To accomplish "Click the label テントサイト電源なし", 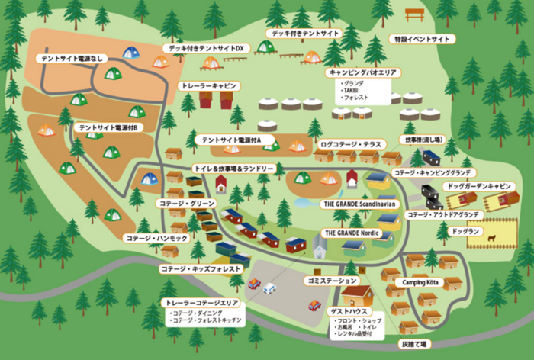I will (75, 58).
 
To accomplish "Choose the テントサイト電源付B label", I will (107, 127).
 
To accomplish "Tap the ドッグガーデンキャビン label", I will (479, 185).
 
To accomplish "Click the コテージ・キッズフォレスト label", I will (201, 269).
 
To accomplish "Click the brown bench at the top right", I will (415, 14).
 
